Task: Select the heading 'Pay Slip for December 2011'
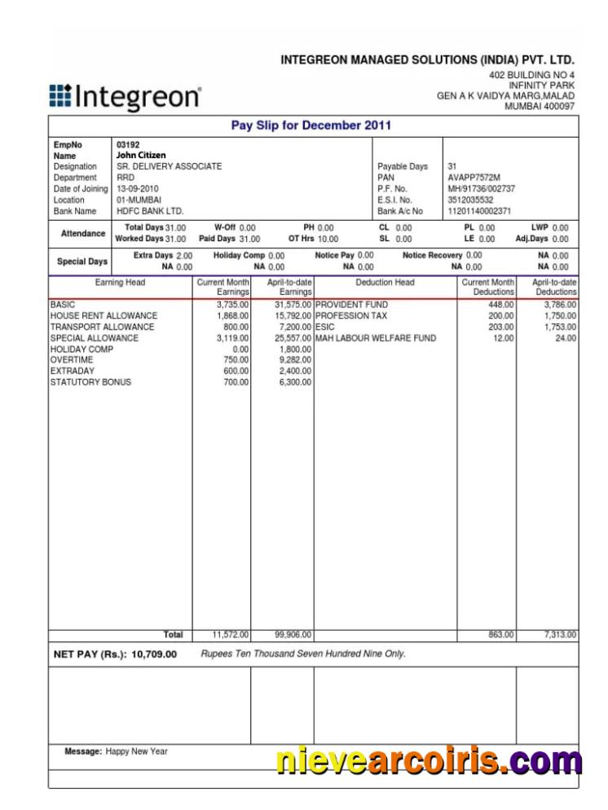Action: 312,125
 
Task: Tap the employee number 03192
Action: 128,144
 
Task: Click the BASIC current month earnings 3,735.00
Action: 232,305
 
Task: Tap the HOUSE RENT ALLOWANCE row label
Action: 104,315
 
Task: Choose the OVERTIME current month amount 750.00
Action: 236,359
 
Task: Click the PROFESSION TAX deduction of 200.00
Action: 501,315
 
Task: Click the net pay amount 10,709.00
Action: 154,654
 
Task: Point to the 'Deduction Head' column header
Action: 385,283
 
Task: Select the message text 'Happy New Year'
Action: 136,751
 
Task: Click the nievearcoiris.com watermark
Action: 430,761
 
